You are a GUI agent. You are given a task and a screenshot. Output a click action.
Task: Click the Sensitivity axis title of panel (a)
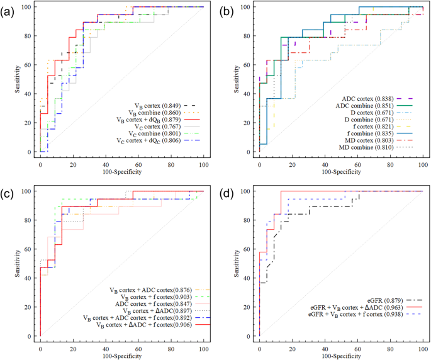pyautogui.click(x=18, y=79)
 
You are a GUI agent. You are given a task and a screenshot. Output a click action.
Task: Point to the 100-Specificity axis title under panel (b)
pyautogui.click(x=340, y=169)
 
